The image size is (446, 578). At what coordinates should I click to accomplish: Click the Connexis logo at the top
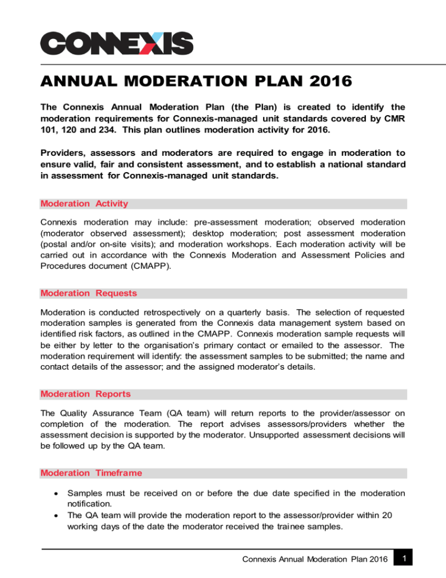click(116, 43)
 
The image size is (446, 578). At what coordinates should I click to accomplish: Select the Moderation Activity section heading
click(84, 204)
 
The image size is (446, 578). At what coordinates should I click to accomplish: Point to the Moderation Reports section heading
click(85, 394)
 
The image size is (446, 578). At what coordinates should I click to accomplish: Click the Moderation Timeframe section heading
click(91, 473)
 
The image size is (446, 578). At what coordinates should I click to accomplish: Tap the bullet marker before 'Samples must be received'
click(47, 493)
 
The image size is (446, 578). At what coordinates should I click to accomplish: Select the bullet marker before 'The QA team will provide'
click(47, 515)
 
